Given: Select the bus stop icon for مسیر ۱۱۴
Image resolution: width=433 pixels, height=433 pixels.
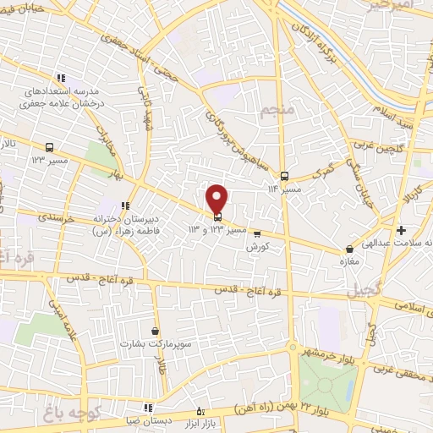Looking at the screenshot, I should point(284,177).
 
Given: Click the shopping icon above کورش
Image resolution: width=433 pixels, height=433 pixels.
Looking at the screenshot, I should point(257,234).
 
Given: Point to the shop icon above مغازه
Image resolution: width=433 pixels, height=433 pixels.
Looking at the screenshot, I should point(350,249).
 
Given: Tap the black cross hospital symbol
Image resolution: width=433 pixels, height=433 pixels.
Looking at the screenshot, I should point(401,230).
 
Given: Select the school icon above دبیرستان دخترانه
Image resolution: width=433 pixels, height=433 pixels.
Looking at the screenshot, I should point(124,206).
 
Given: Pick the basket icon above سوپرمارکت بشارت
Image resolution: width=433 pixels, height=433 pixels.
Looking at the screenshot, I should point(154,332).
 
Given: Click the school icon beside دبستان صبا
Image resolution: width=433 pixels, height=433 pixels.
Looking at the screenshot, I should point(148,407).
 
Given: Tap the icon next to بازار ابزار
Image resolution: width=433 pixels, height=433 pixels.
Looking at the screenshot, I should point(200,411).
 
